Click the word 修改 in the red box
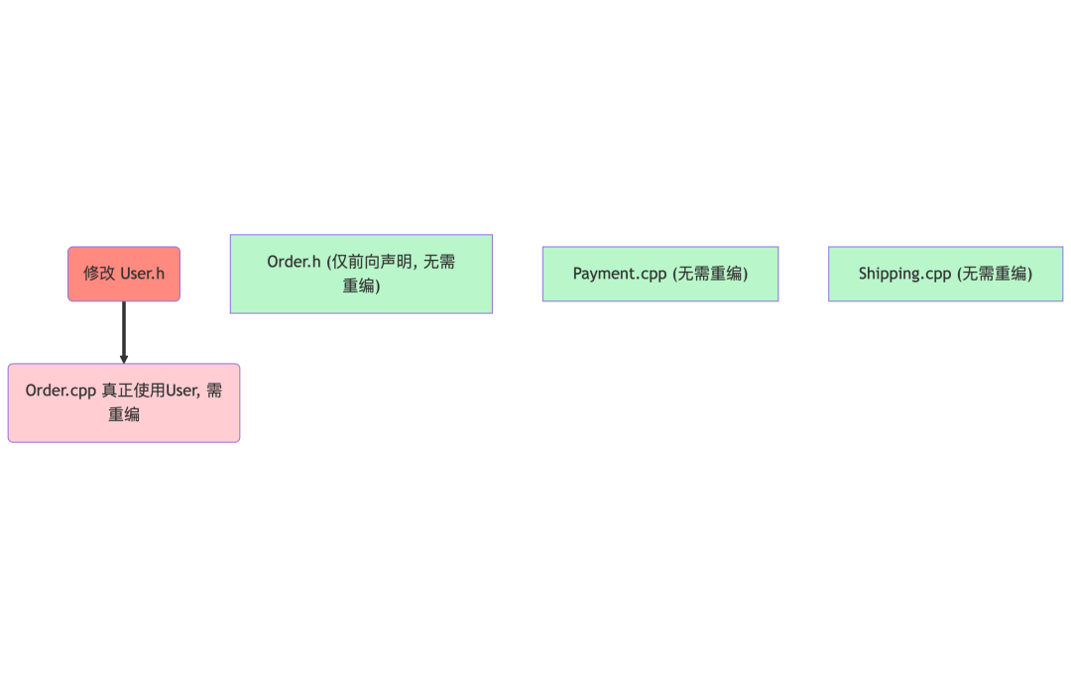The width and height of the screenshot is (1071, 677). [x=99, y=274]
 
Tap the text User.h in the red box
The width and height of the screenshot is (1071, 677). [x=142, y=274]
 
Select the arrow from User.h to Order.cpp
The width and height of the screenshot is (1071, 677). [x=124, y=329]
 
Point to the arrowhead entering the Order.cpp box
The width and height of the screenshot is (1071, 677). [x=124, y=359]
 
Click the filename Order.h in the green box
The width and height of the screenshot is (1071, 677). [x=294, y=262]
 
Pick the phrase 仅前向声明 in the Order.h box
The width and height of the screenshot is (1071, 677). [x=373, y=262]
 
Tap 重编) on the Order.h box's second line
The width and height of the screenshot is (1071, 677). [x=362, y=285]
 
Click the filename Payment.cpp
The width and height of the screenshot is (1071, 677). [x=620, y=274]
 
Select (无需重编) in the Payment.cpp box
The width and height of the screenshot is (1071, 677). [x=710, y=274]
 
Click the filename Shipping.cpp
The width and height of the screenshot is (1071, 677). [x=904, y=274]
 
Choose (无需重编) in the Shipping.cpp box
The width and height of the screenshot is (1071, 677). [x=995, y=274]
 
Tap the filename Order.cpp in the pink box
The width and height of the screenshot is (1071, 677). [x=60, y=391]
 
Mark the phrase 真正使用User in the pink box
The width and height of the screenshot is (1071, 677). [x=151, y=391]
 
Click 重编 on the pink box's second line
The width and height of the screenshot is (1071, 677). [x=124, y=414]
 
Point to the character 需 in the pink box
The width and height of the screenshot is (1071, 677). [x=214, y=391]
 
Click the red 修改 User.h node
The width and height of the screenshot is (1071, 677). [x=124, y=274]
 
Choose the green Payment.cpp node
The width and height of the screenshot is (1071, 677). [x=660, y=274]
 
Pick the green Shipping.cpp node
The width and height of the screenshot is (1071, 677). [x=945, y=274]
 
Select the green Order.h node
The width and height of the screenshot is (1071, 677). [x=361, y=274]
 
